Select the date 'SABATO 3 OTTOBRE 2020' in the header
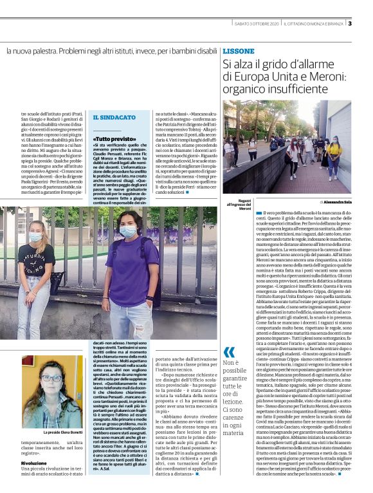[255, 24]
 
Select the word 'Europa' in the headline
[246, 77]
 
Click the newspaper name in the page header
[315, 24]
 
